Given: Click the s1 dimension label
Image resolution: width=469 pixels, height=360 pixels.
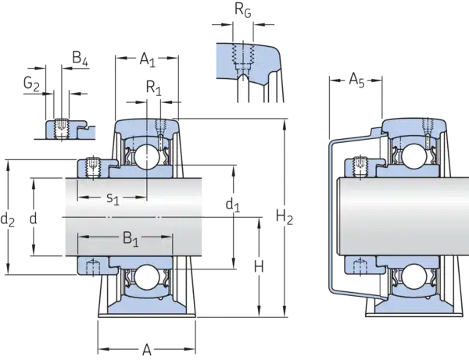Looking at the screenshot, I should pos(113,199).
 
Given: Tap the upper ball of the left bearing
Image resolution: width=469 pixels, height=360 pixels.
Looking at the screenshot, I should pos(146,157).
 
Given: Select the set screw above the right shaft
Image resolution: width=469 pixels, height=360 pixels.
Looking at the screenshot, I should pos(361,165).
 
